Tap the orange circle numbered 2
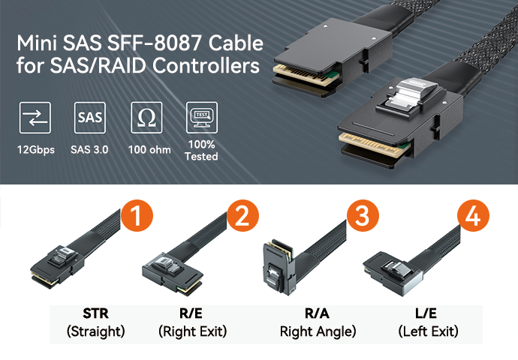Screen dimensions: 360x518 [242, 217]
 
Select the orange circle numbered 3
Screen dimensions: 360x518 [363, 217]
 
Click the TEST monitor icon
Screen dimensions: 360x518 [201, 118]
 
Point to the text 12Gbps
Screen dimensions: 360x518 [35, 149]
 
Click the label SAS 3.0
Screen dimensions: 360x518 [89, 149]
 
